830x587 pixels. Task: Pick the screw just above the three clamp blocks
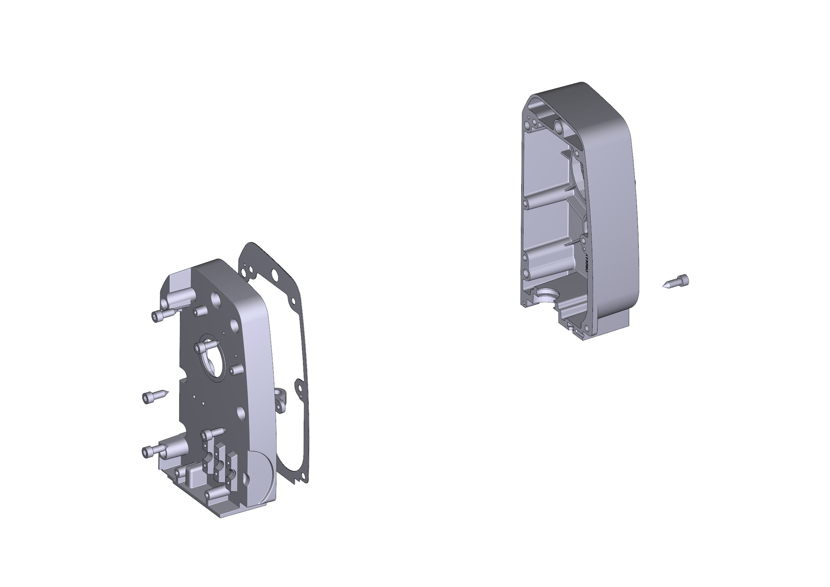coord(213,433)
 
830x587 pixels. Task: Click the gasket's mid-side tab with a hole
coord(298,388)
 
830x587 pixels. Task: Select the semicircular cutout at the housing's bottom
coord(546,295)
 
